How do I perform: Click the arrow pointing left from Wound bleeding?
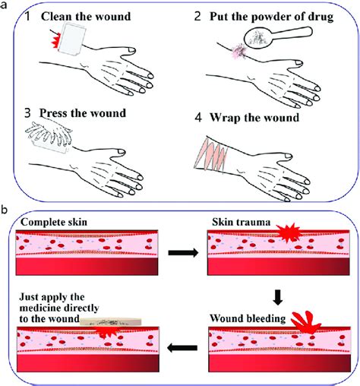click(x=180, y=349)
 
